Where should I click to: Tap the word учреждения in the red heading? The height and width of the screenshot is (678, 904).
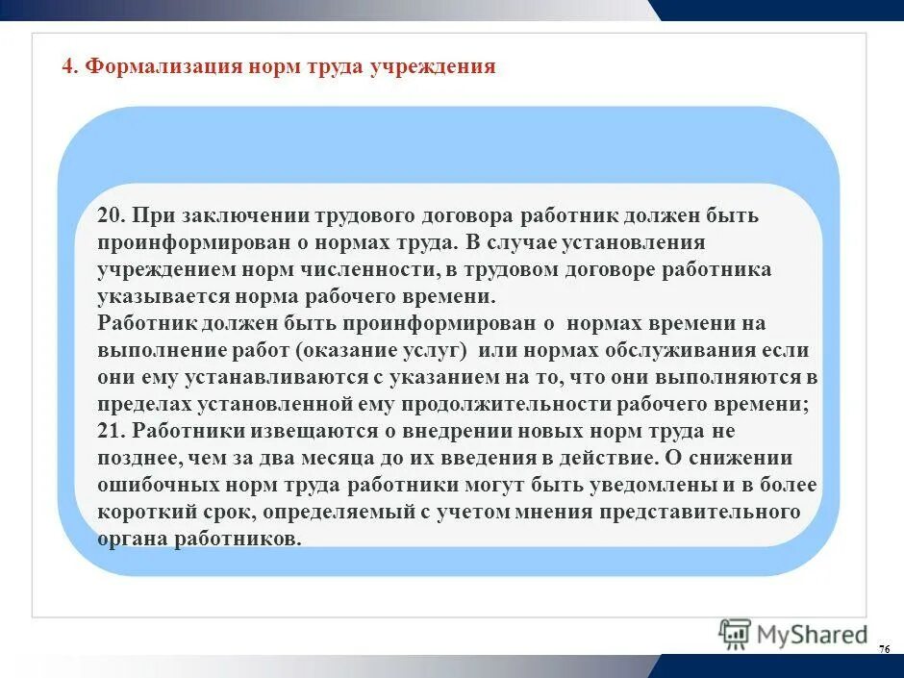coord(433,66)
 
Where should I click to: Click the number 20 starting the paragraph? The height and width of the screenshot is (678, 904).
coord(108,216)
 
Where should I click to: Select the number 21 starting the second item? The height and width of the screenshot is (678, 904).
coord(108,432)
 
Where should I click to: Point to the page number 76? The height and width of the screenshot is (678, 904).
coord(884,651)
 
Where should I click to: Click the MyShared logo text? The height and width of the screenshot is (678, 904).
coord(812,635)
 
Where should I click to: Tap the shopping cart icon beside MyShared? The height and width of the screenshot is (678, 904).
coord(735,634)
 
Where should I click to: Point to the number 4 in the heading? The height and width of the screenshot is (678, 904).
coord(66,66)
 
